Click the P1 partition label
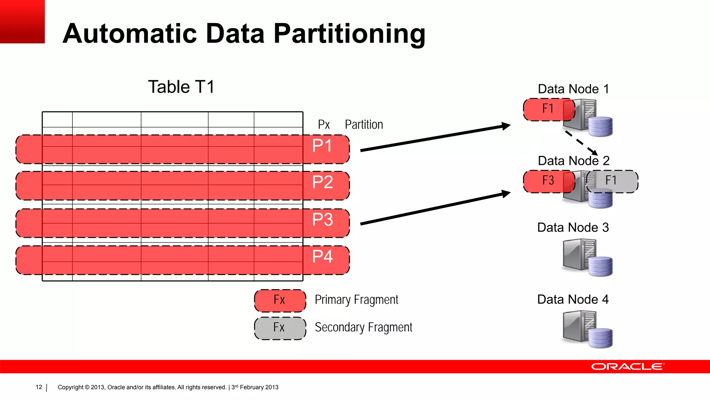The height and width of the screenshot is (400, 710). (x=322, y=146)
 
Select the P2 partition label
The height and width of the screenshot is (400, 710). (x=322, y=182)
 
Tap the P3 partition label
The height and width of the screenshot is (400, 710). (x=322, y=220)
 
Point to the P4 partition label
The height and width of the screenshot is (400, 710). (x=322, y=257)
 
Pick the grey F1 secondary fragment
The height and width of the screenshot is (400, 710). (x=612, y=181)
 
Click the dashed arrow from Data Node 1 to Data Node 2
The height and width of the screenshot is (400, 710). (x=581, y=143)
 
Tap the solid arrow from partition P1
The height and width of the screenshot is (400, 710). (x=435, y=138)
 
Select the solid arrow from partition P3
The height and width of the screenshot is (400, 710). (x=435, y=208)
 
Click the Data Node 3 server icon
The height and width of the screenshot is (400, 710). (x=587, y=257)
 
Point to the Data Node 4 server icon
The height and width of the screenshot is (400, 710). (x=587, y=329)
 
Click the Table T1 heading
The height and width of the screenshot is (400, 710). (x=181, y=87)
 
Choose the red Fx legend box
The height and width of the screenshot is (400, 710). (x=280, y=300)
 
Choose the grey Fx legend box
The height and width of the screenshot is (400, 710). (x=280, y=328)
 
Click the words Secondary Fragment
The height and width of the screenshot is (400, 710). (x=363, y=327)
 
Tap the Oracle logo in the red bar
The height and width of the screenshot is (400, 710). (x=627, y=367)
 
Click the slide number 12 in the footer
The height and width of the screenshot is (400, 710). (x=39, y=387)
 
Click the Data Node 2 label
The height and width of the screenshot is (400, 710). (x=573, y=161)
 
